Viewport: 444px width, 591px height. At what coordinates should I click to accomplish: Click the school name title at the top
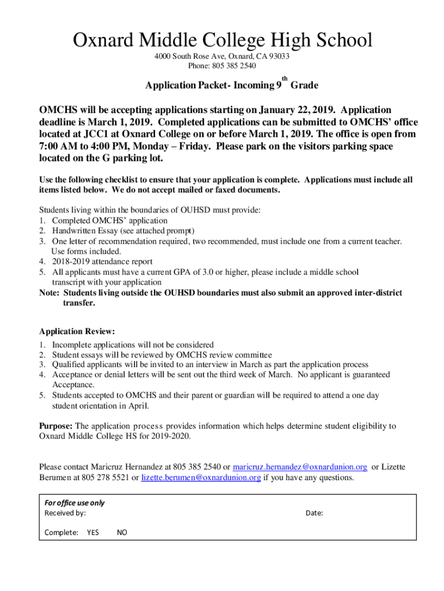222,40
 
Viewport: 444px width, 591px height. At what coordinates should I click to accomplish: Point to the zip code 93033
278,57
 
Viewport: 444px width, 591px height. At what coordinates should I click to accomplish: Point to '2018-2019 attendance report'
102,261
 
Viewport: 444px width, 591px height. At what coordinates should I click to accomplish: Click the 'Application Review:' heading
77,331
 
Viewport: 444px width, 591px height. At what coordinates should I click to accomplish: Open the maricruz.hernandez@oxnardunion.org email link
300,466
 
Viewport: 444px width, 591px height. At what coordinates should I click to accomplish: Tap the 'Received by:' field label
65,513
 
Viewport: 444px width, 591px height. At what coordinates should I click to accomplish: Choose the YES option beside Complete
93,533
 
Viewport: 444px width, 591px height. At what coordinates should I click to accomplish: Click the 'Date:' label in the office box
314,513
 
